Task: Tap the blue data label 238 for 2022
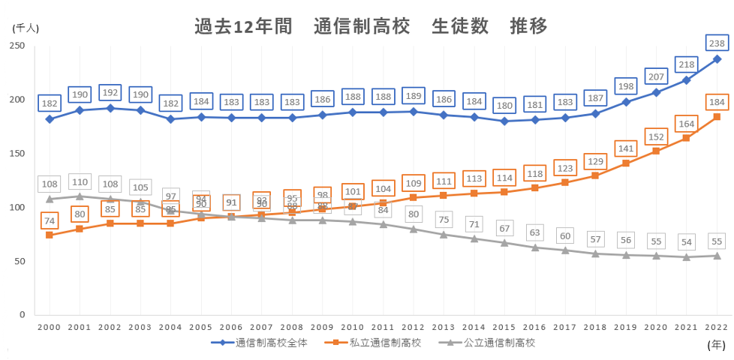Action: click(717, 43)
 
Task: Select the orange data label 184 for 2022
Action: click(717, 101)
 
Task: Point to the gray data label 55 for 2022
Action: click(717, 241)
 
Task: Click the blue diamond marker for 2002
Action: click(110, 108)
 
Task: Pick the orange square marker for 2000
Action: click(50, 235)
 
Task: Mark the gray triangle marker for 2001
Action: click(80, 196)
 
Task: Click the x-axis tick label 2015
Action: click(504, 327)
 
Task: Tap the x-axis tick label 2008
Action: click(292, 327)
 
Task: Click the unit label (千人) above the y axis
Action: click(26, 28)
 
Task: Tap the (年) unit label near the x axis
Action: click(716, 344)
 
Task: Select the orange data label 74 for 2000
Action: click(50, 220)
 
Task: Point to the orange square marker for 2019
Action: click(626, 163)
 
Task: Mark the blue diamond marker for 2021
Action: click(686, 80)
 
